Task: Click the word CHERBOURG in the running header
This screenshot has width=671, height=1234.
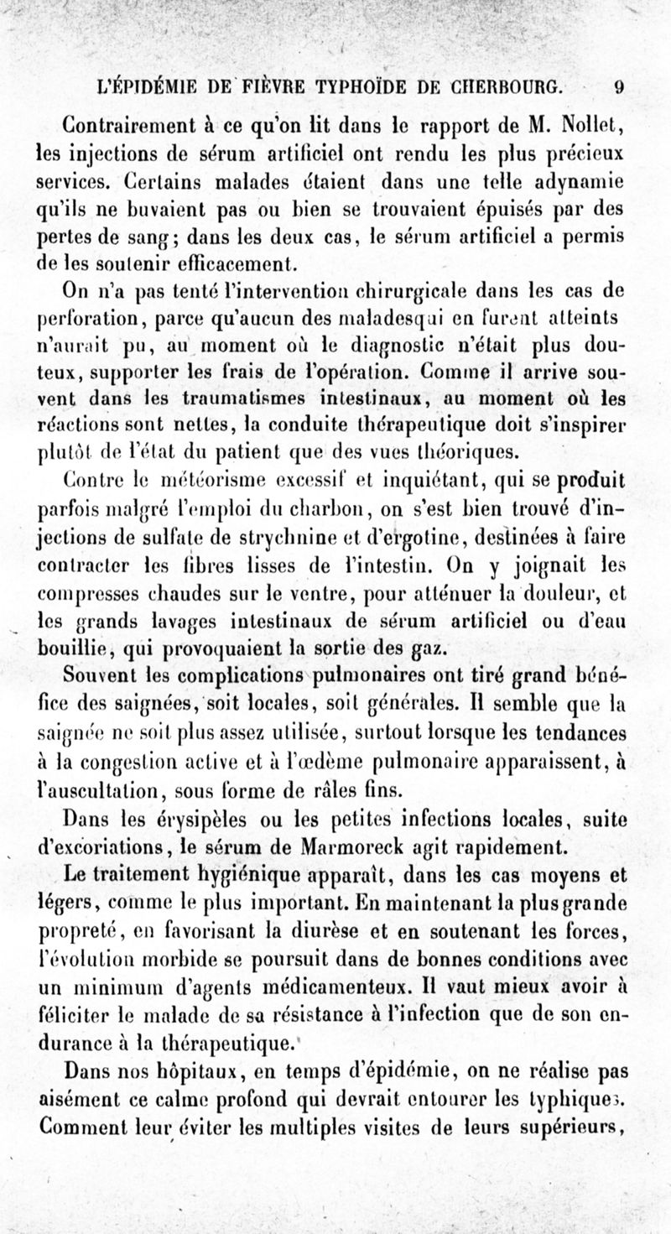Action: pyautogui.click(x=501, y=86)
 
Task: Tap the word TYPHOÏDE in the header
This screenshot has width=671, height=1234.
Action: pyautogui.click(x=366, y=86)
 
